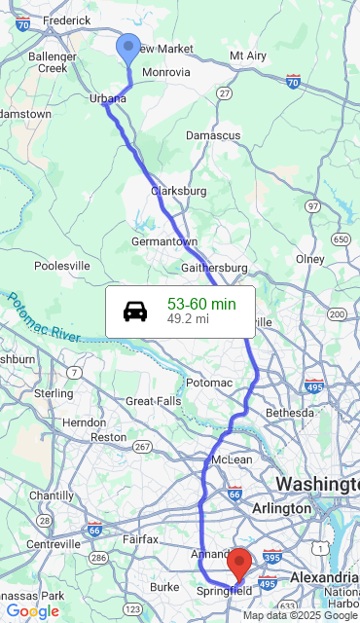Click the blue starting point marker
[x=127, y=49]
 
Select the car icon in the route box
[x=135, y=311]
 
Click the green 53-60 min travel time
[x=201, y=304]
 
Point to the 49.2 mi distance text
[x=188, y=318]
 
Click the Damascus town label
[x=213, y=134]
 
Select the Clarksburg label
[x=178, y=191]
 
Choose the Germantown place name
[x=164, y=241]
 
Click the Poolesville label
[x=62, y=265]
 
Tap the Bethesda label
[x=290, y=413]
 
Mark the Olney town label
[x=309, y=259]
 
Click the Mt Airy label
[x=248, y=56]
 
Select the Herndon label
[x=85, y=422]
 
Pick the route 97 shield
[x=312, y=206]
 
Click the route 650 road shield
[x=341, y=238]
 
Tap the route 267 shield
[x=143, y=446]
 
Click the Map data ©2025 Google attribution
[x=300, y=615]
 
